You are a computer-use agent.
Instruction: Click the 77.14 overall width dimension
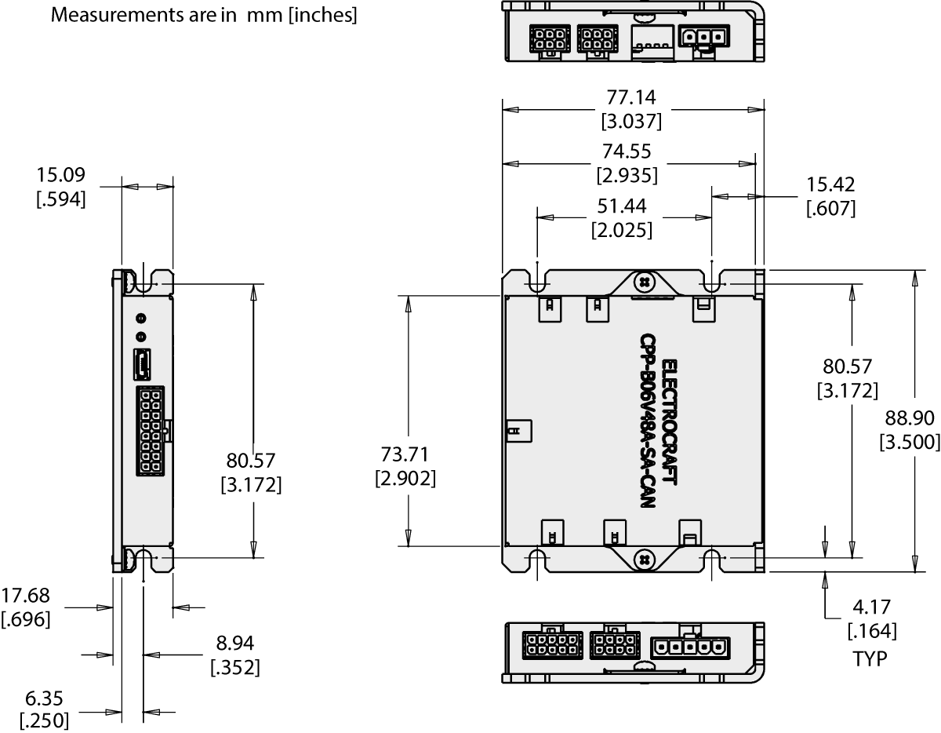tap(631, 97)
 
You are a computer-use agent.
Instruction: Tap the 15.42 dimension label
tap(830, 184)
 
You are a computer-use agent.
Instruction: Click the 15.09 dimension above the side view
tap(60, 174)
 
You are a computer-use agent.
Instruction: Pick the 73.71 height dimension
tap(405, 454)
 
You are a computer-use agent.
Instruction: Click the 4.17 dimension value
tap(873, 607)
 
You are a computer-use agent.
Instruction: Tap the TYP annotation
tap(870, 659)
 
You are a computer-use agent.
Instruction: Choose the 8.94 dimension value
tap(235, 644)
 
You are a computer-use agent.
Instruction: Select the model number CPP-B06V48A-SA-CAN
tap(647, 421)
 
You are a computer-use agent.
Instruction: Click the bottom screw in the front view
tap(642, 560)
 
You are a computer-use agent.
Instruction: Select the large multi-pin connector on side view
tap(148, 430)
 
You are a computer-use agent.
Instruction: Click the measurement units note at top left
tap(204, 16)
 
